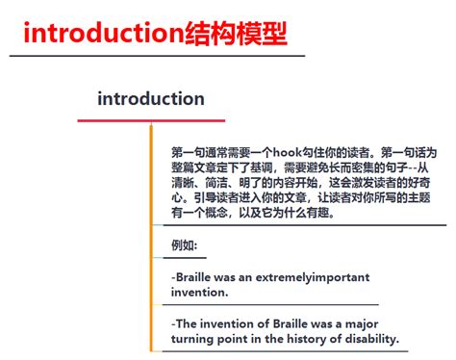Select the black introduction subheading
(x=151, y=98)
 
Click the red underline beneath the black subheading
(x=151, y=119)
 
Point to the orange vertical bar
(x=151, y=241)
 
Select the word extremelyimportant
(x=292, y=276)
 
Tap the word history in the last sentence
(x=304, y=341)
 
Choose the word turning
(x=196, y=341)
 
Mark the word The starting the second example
(x=189, y=324)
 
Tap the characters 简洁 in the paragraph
(x=217, y=183)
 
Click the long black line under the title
(x=154, y=56)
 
